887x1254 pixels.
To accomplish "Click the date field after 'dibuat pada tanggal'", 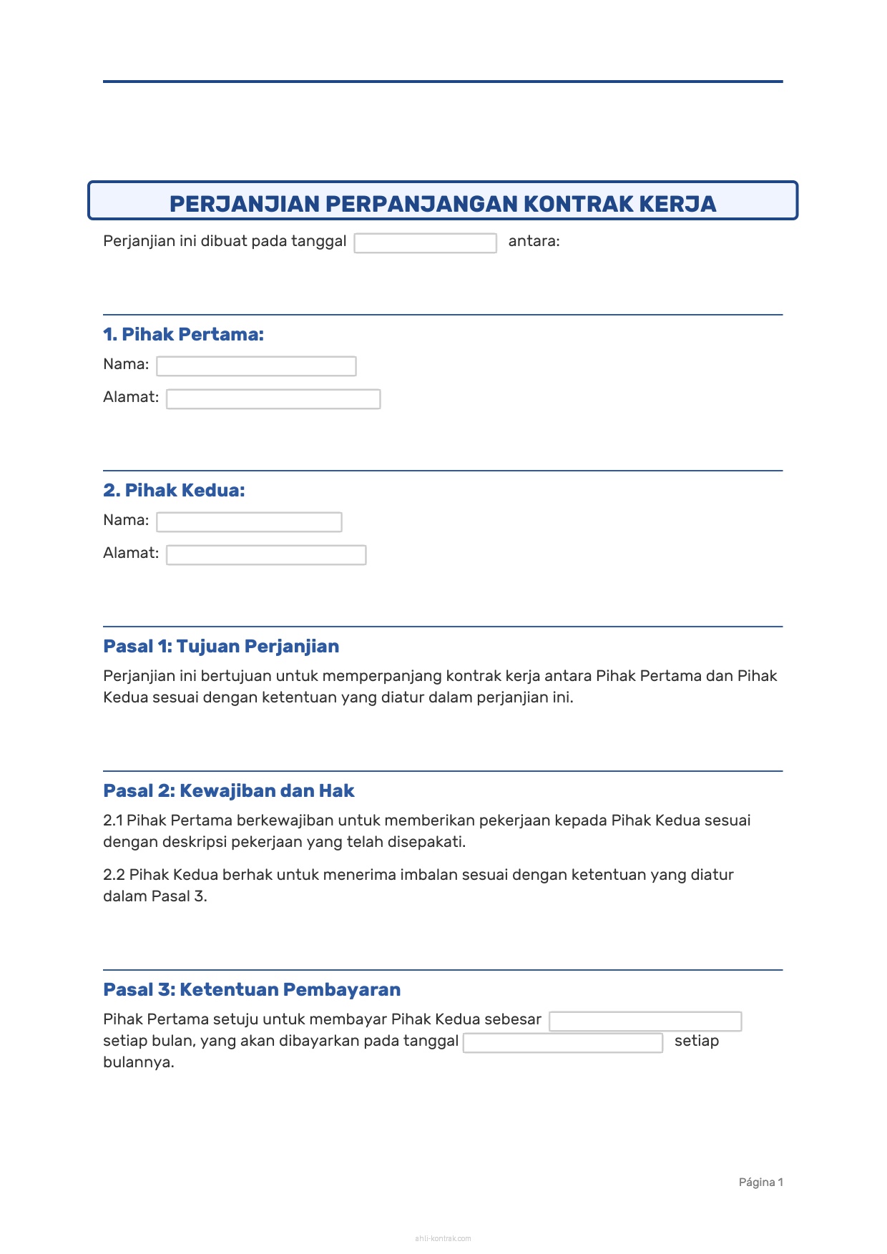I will [425, 243].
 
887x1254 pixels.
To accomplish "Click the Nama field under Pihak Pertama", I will [256, 366].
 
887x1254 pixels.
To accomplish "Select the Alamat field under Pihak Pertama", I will [273, 399].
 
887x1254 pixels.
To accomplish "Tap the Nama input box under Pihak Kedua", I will [249, 522].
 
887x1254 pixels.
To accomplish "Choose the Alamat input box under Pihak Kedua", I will [266, 555].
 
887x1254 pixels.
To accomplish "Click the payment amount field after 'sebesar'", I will [645, 1022].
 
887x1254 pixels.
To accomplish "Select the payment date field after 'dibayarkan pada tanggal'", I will [563, 1043].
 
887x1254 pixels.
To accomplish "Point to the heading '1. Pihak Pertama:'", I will [183, 334].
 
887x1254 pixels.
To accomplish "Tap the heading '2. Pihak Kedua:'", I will [174, 490].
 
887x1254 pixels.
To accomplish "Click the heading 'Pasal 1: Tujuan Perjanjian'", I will [221, 646].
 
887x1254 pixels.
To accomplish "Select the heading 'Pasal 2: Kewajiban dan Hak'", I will [229, 790].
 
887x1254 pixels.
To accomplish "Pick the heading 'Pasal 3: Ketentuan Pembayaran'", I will [252, 989].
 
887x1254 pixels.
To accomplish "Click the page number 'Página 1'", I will [760, 1182].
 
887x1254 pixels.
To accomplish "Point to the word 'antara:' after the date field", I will [534, 241].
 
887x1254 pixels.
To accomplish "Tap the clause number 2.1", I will [112, 821].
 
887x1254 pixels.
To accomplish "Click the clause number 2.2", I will [114, 875].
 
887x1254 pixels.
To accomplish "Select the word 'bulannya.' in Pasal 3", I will [139, 1062].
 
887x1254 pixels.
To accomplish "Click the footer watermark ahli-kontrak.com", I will [443, 1238].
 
